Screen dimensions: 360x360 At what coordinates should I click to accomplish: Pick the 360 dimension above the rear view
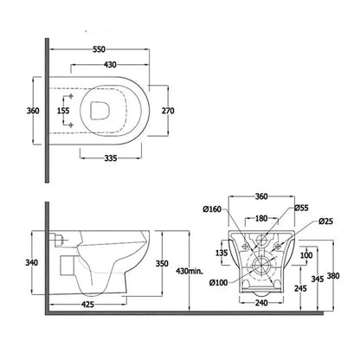262,196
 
